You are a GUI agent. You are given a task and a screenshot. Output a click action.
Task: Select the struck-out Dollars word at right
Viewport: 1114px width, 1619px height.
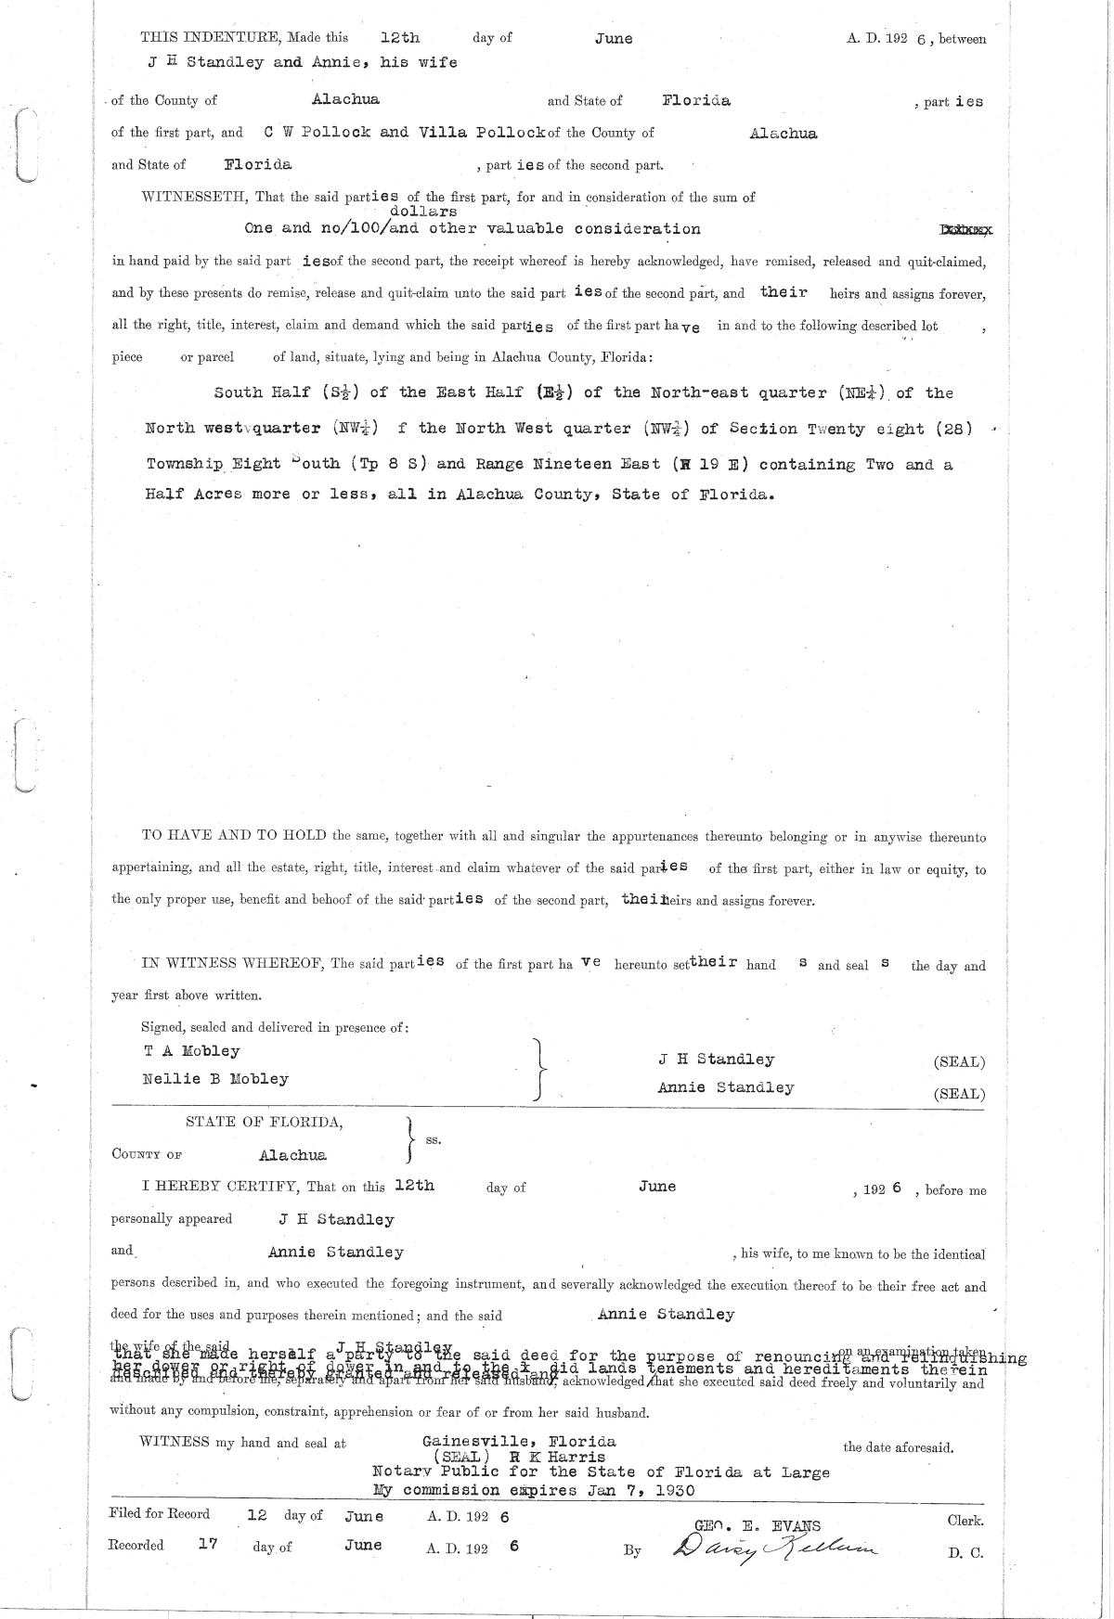(x=965, y=229)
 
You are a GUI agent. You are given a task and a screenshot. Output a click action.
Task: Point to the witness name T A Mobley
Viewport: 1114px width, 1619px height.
(x=190, y=1051)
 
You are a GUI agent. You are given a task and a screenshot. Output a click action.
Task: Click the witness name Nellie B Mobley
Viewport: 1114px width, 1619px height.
(x=214, y=1079)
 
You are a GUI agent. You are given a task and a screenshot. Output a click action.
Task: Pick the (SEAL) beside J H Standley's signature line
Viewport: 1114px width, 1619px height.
(x=959, y=1062)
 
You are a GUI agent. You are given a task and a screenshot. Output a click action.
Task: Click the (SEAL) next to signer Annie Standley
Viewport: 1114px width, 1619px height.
(x=959, y=1094)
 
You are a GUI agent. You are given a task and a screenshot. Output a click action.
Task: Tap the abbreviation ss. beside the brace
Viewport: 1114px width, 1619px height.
(x=433, y=1139)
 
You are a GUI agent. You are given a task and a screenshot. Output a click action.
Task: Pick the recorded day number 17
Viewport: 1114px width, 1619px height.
(x=208, y=1545)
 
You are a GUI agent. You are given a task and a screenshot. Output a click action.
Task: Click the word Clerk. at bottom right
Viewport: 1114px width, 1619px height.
(x=965, y=1522)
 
